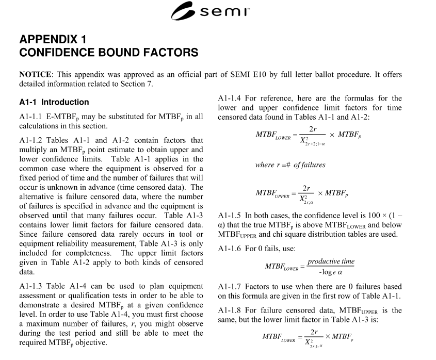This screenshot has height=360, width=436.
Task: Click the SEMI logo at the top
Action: pos(217,11)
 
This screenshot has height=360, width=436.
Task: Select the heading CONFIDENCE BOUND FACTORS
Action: pos(108,52)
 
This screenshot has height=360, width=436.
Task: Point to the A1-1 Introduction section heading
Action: pos(54,102)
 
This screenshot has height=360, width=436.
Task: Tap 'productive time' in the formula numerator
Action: pos(331,261)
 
